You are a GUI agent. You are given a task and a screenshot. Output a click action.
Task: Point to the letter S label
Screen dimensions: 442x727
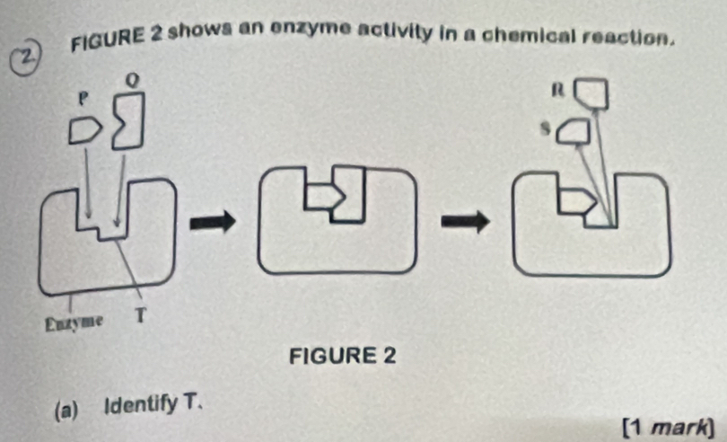click(543, 130)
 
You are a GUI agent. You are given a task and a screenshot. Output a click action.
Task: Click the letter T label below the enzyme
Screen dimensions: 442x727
click(139, 315)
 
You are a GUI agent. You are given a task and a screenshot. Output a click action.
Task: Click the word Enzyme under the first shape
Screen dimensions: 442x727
click(74, 321)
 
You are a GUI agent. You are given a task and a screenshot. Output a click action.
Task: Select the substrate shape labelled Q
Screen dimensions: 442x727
click(126, 120)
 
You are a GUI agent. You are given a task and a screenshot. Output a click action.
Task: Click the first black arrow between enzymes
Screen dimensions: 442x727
click(215, 219)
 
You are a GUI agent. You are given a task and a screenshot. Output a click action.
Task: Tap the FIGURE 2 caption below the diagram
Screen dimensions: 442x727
click(343, 356)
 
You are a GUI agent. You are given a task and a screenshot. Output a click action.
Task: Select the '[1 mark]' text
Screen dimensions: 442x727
click(671, 424)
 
